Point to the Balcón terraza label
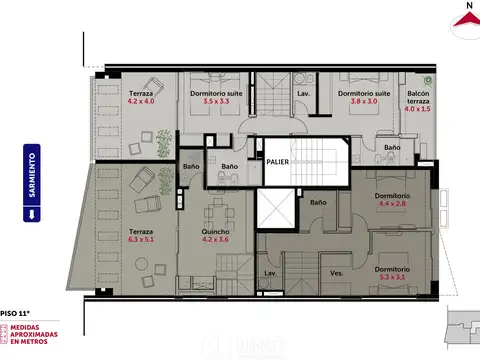click(x=418, y=97)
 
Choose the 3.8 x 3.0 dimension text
click(x=356, y=101)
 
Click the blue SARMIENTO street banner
click(x=32, y=181)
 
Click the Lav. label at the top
click(x=303, y=95)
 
